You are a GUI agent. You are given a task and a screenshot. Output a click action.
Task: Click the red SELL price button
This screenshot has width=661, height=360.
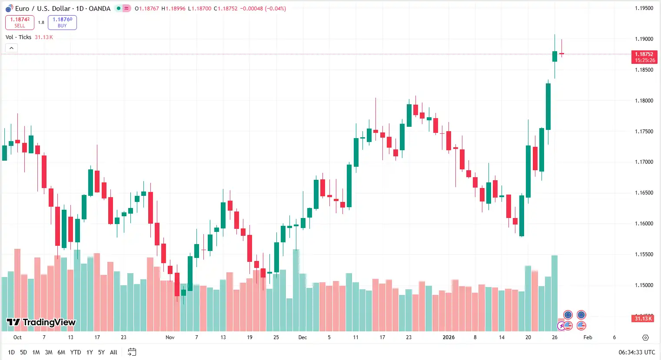pyautogui.click(x=20, y=23)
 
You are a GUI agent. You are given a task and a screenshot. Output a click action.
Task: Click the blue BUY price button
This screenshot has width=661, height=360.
pyautogui.click(x=62, y=23)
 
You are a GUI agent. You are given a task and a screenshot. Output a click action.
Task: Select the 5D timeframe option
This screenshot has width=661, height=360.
pyautogui.click(x=23, y=352)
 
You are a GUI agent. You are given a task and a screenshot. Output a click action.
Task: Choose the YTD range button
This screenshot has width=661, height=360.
pyautogui.click(x=76, y=352)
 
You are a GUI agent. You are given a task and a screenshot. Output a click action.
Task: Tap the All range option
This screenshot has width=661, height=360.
pyautogui.click(x=113, y=352)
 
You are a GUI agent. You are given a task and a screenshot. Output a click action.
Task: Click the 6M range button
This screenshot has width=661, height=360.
pyautogui.click(x=61, y=352)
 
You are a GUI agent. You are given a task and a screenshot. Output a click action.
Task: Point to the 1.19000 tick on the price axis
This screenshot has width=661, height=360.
pyautogui.click(x=644, y=39)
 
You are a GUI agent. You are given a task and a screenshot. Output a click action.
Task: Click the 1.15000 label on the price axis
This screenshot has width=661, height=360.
pyautogui.click(x=644, y=285)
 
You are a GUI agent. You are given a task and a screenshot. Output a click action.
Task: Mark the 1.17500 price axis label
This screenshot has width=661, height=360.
pyautogui.click(x=644, y=132)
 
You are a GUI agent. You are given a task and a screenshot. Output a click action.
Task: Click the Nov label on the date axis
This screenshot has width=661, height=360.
pyautogui.click(x=170, y=337)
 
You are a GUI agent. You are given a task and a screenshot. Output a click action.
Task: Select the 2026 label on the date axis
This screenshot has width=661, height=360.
pyautogui.click(x=448, y=337)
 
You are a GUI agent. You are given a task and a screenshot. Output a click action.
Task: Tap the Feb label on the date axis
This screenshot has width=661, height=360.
pyautogui.click(x=588, y=337)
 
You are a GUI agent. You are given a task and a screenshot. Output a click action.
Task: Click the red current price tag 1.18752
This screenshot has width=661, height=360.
pyautogui.click(x=644, y=57)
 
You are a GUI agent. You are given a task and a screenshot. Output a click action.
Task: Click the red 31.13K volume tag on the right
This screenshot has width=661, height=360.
pyautogui.click(x=643, y=319)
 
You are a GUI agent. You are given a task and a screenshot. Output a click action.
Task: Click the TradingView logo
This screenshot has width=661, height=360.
pyautogui.click(x=41, y=322)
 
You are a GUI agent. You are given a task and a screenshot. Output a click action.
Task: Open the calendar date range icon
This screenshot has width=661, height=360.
pyautogui.click(x=132, y=352)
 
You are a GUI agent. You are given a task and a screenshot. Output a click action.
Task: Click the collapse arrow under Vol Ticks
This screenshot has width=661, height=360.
pyautogui.click(x=11, y=48)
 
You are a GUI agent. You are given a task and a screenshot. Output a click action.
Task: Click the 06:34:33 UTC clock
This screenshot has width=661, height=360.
pyautogui.click(x=637, y=352)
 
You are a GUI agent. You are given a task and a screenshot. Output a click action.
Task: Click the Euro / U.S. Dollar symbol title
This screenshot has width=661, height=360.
pyautogui.click(x=43, y=9)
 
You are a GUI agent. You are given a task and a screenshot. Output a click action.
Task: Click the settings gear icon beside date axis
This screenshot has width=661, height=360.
pyautogui.click(x=645, y=337)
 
